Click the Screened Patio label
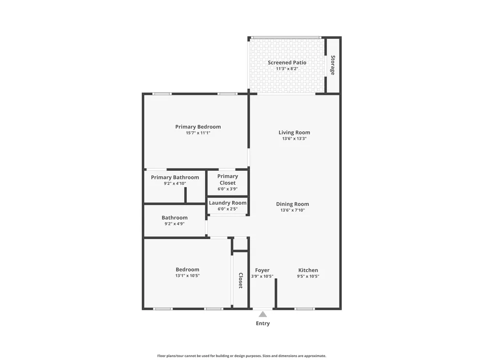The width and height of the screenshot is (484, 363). tap(287, 62)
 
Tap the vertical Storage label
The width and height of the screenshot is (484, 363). tap(333, 65)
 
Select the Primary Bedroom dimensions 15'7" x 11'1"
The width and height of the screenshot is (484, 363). tap(198, 133)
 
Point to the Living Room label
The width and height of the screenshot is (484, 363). tap(294, 133)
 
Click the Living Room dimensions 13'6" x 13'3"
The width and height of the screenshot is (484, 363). tap(294, 138)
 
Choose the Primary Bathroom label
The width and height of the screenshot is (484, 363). tap(175, 178)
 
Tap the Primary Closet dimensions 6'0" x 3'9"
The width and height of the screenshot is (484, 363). tap(227, 189)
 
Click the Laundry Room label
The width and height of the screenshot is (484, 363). tap(228, 203)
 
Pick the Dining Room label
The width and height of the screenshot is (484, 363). tap(292, 204)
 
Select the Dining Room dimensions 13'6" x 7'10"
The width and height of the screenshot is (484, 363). tap(292, 210)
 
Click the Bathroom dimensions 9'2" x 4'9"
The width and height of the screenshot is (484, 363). tap(174, 224)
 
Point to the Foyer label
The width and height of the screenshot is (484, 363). tap(262, 271)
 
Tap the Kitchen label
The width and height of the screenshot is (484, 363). tap(308, 270)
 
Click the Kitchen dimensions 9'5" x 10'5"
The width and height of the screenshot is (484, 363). tap(308, 276)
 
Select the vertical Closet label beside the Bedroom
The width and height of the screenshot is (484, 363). tap(241, 280)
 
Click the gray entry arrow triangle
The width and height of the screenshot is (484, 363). tap(263, 315)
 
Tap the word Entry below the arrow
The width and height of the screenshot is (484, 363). tap(263, 323)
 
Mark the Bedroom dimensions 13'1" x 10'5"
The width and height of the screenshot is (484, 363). tap(187, 276)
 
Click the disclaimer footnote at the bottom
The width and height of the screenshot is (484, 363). tap(242, 356)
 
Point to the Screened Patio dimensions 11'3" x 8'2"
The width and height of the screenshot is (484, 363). tap(287, 69)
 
